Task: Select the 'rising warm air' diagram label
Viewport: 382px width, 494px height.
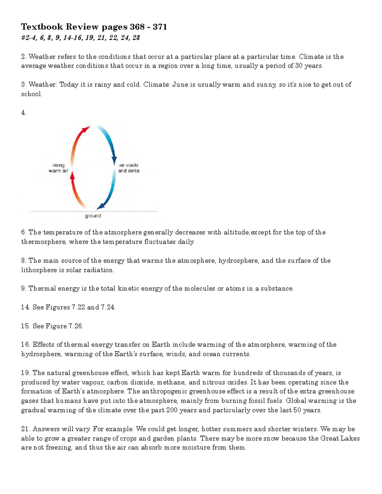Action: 58,168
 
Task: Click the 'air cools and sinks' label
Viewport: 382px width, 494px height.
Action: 129,168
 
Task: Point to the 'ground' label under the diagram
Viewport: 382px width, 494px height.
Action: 93,216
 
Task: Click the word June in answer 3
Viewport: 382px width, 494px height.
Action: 180,85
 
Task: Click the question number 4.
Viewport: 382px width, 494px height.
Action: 24,113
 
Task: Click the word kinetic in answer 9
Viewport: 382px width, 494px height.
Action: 128,289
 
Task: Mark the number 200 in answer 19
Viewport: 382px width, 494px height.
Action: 172,410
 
